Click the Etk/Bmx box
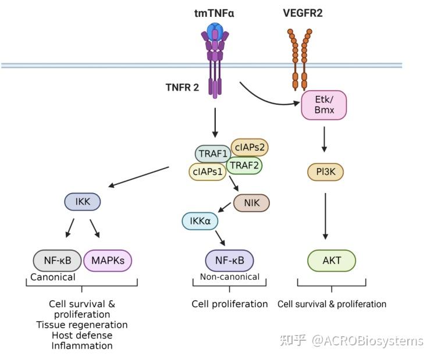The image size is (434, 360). coord(323,105)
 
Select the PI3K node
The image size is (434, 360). coord(326,172)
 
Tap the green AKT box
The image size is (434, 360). coord(332,261)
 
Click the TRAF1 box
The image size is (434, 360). coord(213,154)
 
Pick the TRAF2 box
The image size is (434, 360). coord(244,166)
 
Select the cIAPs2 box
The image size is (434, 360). coord(250,147)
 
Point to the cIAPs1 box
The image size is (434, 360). coord(208,172)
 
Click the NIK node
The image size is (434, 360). coord(251,203)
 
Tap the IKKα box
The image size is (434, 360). coord(200,221)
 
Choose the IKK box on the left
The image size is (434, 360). coord(83,201)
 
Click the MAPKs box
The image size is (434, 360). coord(108,261)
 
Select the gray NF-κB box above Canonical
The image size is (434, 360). coord(57,261)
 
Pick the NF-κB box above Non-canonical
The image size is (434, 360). coord(229,261)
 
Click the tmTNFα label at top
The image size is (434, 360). coord(214,13)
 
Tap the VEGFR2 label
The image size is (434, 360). coord(303,13)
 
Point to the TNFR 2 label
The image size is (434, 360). coord(182,87)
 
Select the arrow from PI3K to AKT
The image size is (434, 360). coord(325,216)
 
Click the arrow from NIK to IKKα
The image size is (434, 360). coord(225,207)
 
